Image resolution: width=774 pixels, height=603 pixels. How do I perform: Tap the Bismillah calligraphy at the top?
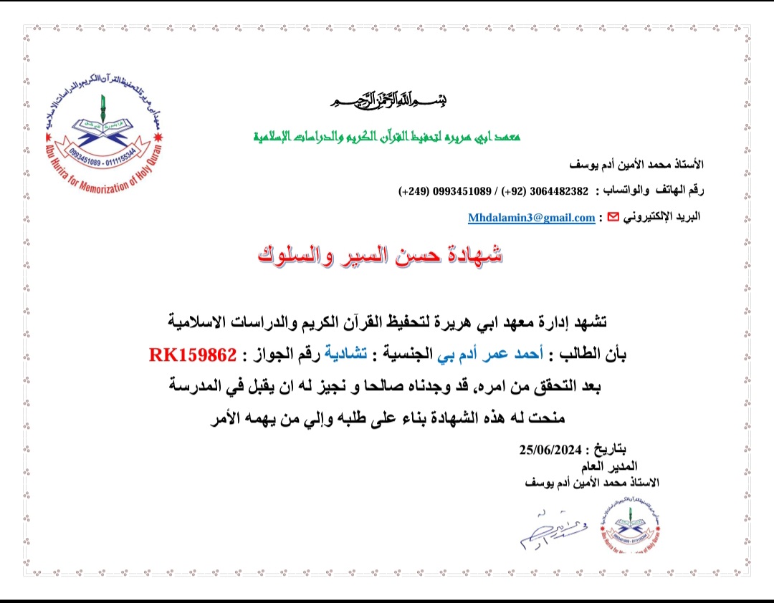(389, 101)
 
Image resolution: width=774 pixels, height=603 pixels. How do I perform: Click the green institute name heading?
(388, 136)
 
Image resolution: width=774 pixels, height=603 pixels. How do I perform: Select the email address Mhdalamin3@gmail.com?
(532, 217)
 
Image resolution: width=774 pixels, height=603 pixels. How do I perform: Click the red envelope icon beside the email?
(613, 217)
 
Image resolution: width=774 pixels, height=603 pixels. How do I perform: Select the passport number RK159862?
(191, 354)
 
